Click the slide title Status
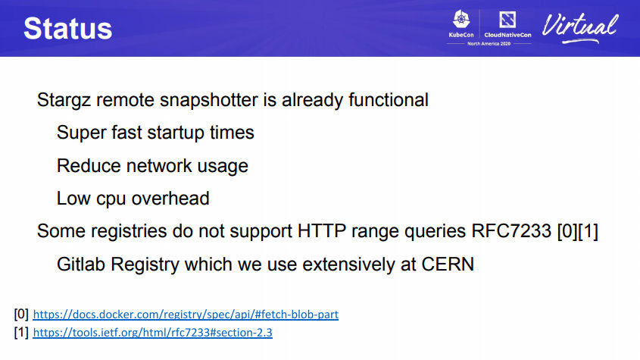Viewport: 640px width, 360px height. (x=67, y=29)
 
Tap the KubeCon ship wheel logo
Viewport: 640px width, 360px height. (x=461, y=19)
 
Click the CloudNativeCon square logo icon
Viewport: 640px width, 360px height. (x=507, y=20)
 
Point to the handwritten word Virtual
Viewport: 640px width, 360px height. (x=580, y=27)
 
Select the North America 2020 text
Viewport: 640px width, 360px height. (x=489, y=44)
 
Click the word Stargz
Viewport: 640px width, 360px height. (x=64, y=101)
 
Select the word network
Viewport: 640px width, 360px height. (x=159, y=166)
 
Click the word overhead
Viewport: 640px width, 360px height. (x=170, y=199)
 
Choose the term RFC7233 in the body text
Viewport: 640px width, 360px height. (x=511, y=231)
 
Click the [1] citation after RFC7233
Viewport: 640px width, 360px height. (x=588, y=231)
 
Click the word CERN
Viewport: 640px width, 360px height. (x=448, y=265)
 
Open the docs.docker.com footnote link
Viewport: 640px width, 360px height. (x=186, y=315)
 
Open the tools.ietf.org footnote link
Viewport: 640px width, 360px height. (x=153, y=333)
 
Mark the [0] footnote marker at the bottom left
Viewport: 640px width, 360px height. (x=21, y=315)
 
